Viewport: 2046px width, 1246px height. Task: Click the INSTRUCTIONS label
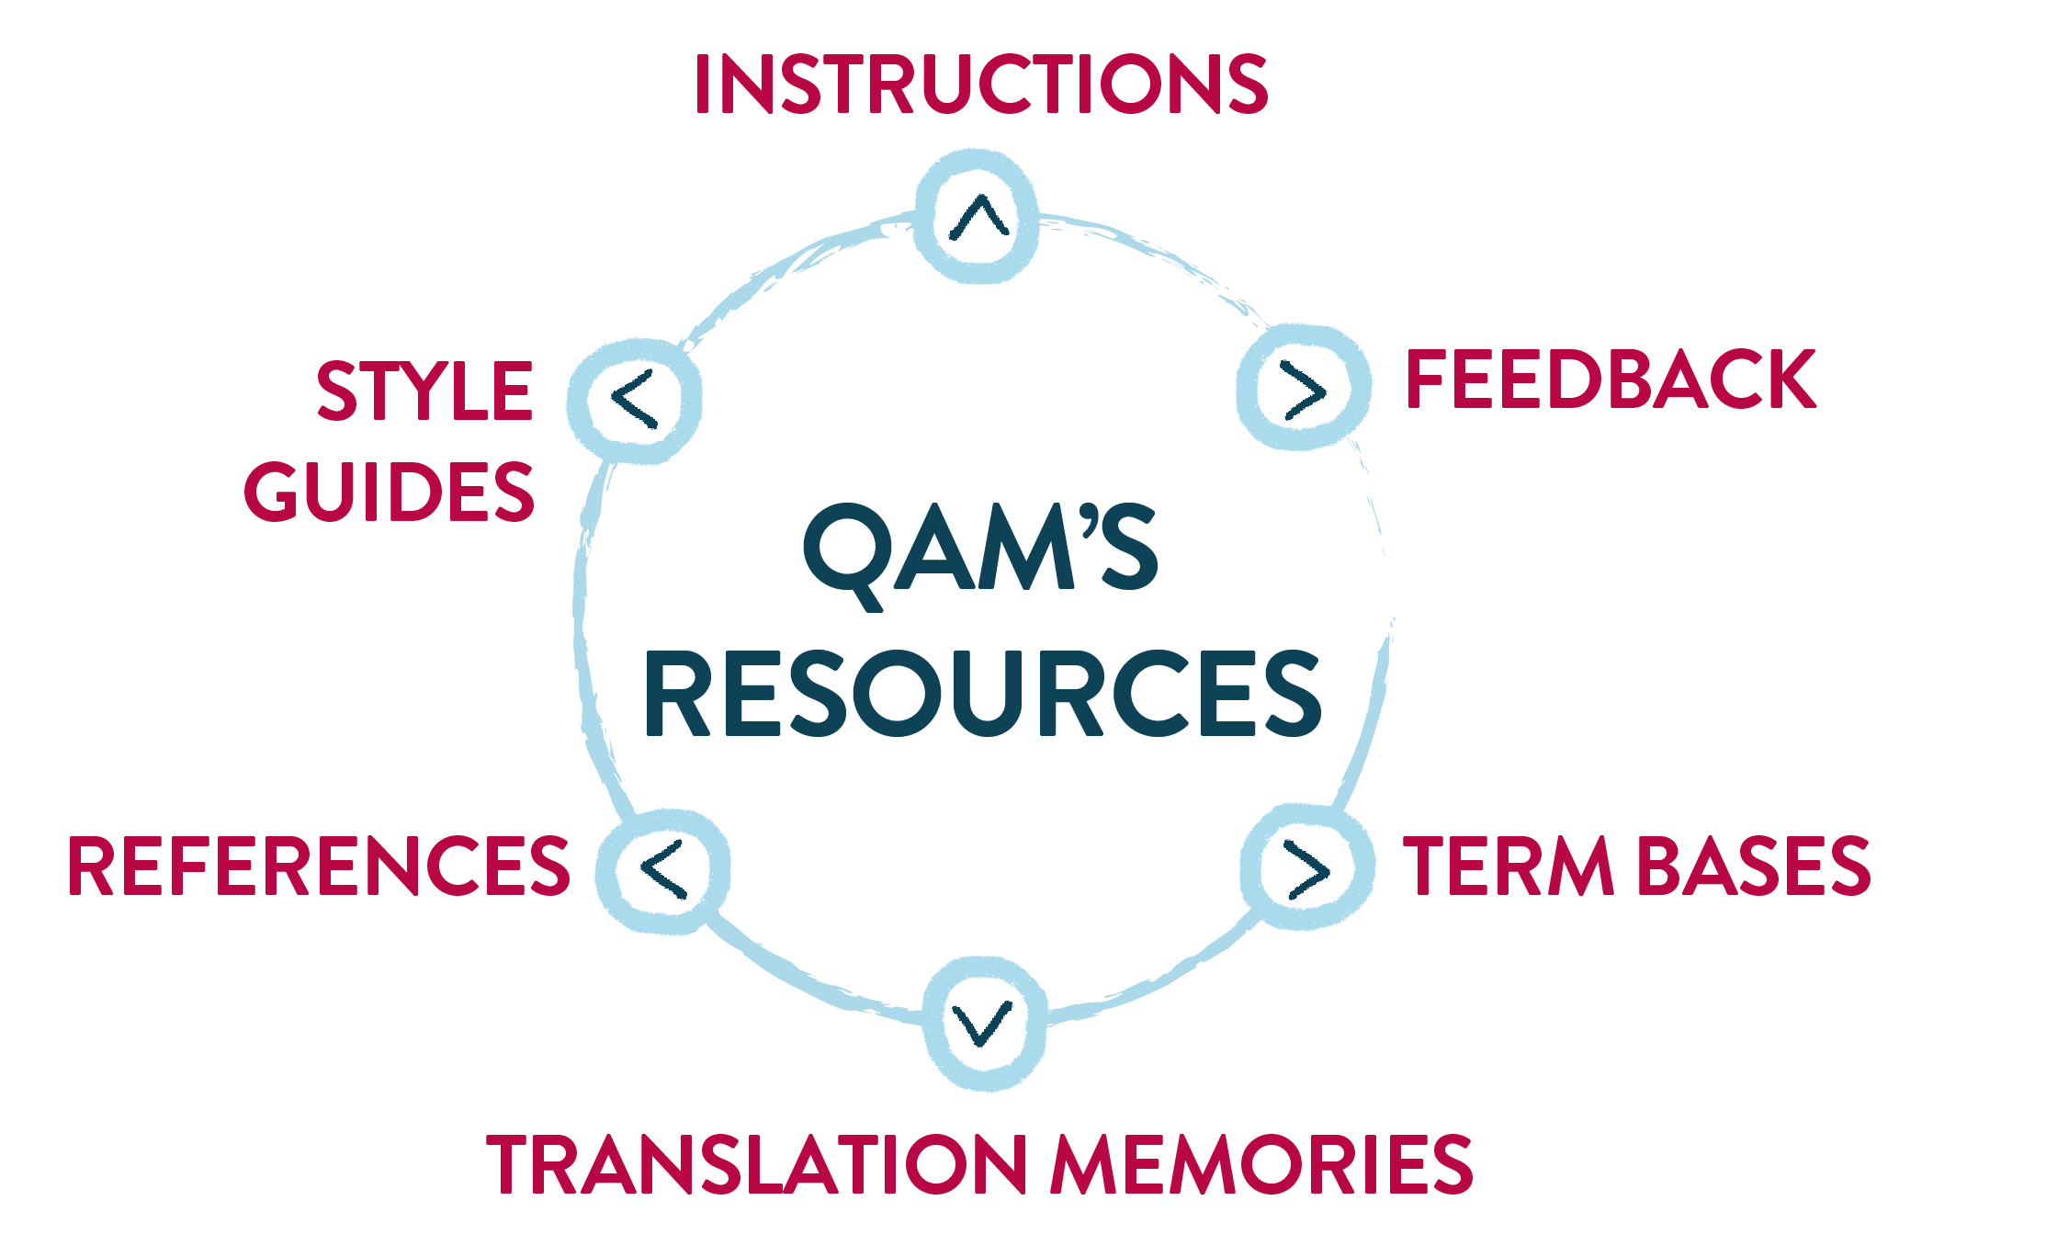(x=981, y=84)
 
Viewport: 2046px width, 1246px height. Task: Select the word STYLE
(x=424, y=391)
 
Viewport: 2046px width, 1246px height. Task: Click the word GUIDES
(x=389, y=492)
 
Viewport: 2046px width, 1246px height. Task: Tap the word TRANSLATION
(x=756, y=1164)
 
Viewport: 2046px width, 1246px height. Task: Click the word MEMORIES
(x=1262, y=1164)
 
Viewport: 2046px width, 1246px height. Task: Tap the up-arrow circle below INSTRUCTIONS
(x=978, y=217)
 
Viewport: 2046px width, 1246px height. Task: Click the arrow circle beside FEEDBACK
(x=1304, y=389)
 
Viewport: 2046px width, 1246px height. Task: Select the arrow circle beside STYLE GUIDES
(x=635, y=400)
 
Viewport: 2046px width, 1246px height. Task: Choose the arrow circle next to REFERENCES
(x=663, y=869)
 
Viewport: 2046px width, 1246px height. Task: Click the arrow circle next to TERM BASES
(x=1306, y=867)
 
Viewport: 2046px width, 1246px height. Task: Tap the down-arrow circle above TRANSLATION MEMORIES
(x=983, y=1023)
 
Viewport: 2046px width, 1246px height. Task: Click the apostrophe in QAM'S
(x=1090, y=521)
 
